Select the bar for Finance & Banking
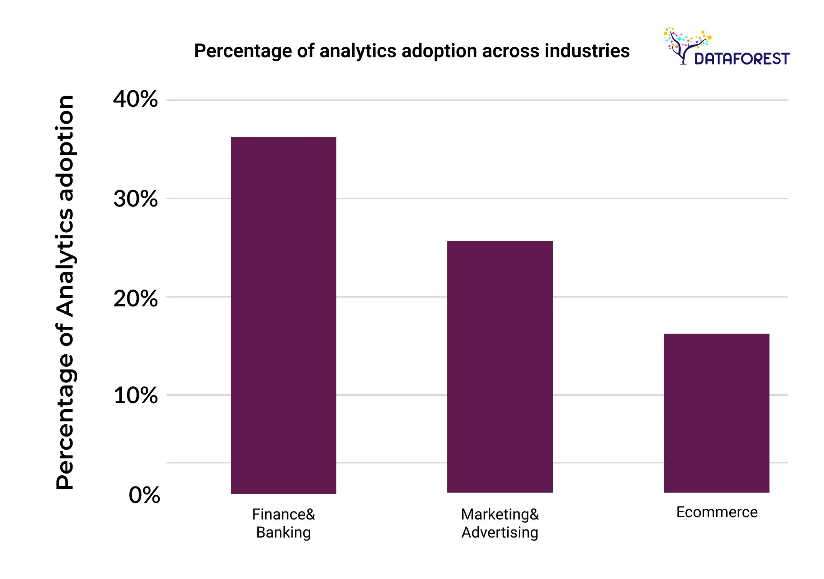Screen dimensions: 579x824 pos(283,315)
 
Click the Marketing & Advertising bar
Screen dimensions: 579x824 pos(500,367)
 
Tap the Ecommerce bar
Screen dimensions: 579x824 pos(716,413)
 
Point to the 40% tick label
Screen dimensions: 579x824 pos(135,99)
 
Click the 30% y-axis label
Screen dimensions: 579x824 pos(135,199)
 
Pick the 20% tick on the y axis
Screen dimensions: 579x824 pos(135,298)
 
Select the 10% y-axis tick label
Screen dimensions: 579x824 pos(135,395)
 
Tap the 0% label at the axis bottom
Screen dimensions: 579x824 pos(144,495)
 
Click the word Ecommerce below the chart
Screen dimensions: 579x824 pos(716,512)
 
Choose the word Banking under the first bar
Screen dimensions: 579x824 pos(283,533)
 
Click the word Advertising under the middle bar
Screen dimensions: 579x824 pos(500,533)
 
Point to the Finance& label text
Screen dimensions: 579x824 pos(283,514)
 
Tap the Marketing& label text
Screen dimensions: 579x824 pos(500,514)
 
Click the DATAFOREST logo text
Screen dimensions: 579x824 pos(742,59)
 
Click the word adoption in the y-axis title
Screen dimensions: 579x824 pos(65,149)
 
